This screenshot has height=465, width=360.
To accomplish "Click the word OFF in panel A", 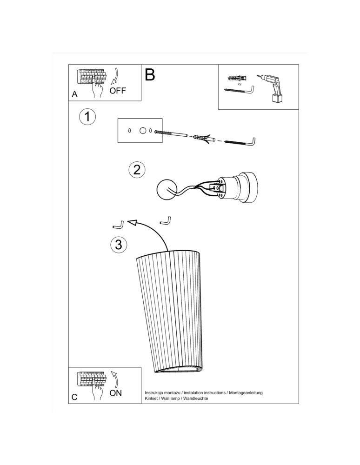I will pyautogui.click(x=118, y=90).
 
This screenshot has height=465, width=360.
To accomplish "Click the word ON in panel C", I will pyautogui.click(x=115, y=393).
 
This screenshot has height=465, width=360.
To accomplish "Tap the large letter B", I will pyautogui.click(x=150, y=75).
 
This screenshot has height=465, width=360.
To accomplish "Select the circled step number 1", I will pyautogui.click(x=87, y=117).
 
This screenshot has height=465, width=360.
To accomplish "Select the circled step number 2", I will pyautogui.click(x=136, y=169).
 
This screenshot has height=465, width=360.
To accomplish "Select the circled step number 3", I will pyautogui.click(x=119, y=244).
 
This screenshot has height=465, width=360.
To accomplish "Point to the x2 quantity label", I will pyautogui.click(x=240, y=85).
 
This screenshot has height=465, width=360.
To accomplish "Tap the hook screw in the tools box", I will pyautogui.click(x=242, y=90).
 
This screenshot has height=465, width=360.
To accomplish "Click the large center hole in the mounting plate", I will pyautogui.click(x=143, y=131).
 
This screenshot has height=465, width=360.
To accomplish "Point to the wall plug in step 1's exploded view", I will pyautogui.click(x=201, y=138).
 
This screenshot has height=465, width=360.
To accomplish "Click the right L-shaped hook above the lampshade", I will pyautogui.click(x=166, y=220).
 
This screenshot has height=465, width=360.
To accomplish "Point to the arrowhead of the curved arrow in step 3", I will pyautogui.click(x=133, y=224).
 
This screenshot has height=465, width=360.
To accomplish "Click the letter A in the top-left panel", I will pyautogui.click(x=74, y=94).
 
